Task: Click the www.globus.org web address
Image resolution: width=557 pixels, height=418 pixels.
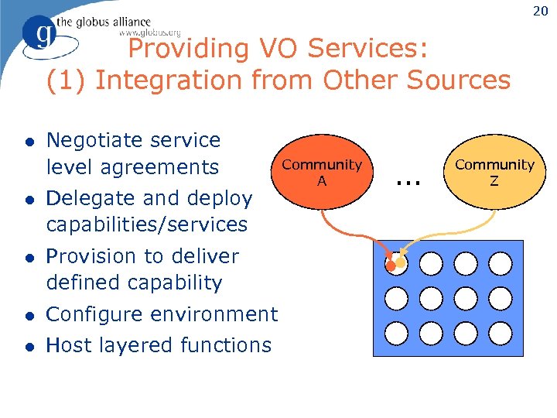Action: (x=149, y=33)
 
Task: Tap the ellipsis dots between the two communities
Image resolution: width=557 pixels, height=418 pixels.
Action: (x=407, y=182)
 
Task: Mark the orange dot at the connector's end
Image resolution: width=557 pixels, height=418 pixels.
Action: (x=391, y=266)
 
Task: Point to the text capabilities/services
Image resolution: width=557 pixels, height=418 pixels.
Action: (x=146, y=225)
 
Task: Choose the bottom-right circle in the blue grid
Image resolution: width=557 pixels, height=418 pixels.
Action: (x=501, y=333)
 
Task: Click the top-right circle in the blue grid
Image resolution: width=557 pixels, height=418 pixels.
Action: (x=501, y=263)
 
